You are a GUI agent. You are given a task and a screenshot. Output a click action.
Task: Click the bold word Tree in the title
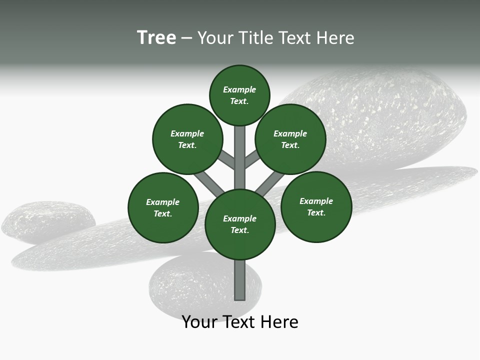(x=156, y=37)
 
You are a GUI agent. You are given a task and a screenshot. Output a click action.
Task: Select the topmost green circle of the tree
(x=239, y=95)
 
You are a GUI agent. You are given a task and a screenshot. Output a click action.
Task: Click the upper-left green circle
(x=187, y=139)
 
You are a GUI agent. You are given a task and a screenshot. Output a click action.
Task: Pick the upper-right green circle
(x=290, y=139)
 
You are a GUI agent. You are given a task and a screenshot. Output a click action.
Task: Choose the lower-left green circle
(x=163, y=207)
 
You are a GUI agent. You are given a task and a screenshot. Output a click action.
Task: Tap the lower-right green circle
(x=316, y=206)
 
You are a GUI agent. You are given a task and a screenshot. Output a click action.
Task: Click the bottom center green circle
(x=240, y=224)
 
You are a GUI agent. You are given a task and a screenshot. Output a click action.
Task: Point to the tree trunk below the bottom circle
(x=240, y=280)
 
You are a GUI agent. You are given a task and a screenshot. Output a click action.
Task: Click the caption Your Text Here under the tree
(x=240, y=322)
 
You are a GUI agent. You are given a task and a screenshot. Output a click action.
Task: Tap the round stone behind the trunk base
(x=200, y=285)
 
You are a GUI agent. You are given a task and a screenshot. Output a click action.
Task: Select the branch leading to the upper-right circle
(x=252, y=159)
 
